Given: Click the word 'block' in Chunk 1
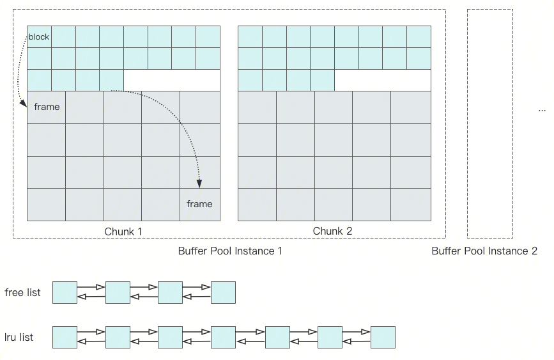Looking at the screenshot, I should [x=39, y=37].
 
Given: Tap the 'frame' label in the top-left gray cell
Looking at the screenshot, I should [x=47, y=107].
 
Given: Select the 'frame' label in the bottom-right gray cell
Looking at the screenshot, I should [x=199, y=204].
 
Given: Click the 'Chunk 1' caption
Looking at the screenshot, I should [x=123, y=231].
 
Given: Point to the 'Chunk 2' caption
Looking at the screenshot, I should [x=332, y=231].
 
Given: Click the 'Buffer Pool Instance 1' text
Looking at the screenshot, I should [x=230, y=251].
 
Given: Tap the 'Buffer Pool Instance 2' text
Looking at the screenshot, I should [x=484, y=251].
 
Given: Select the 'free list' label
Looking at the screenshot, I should [x=22, y=293].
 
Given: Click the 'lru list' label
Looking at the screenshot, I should [x=19, y=337].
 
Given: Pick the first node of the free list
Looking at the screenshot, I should [x=65, y=292].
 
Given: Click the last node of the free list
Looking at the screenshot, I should [x=223, y=292].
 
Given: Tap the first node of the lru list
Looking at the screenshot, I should [x=65, y=337].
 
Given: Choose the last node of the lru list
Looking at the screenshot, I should [x=383, y=337].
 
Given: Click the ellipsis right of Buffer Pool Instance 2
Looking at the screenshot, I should [x=542, y=110].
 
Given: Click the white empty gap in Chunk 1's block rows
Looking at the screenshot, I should [x=171, y=81].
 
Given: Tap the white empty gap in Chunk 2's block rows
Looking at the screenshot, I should [x=382, y=81].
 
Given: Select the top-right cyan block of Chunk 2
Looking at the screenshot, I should [x=419, y=37].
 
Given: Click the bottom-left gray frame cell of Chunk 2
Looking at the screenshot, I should [x=257, y=205].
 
